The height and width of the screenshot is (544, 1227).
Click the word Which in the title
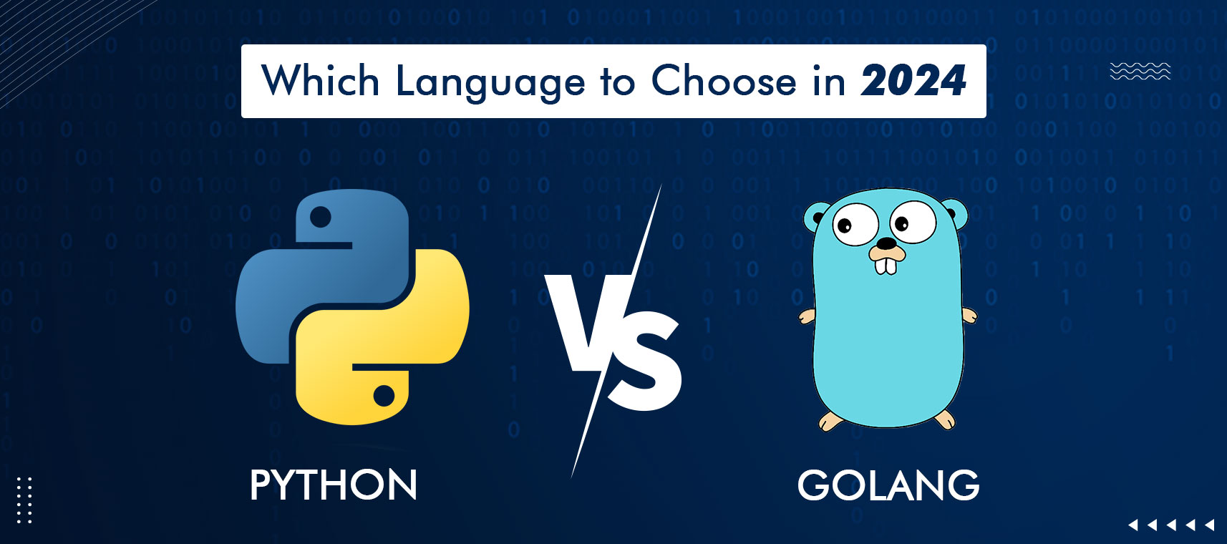tap(320, 80)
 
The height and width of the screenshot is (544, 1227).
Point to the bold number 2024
tap(913, 80)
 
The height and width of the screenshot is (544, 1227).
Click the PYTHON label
tap(334, 485)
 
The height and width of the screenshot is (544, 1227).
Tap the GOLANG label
tap(888, 485)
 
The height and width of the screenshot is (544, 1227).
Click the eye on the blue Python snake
tap(320, 216)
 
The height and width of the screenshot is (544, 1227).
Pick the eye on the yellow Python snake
tap(384, 395)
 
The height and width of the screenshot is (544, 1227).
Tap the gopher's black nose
tap(886, 243)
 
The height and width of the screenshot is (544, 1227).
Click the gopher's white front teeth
tap(886, 265)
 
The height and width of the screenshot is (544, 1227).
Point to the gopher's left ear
tap(816, 215)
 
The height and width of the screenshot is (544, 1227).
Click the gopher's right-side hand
tap(969, 314)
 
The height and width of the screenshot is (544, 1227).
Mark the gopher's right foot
tap(945, 418)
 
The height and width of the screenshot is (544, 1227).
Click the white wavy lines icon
tap(1140, 71)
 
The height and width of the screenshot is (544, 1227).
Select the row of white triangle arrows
tap(1171, 525)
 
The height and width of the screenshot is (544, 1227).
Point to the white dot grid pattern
tap(24, 500)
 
